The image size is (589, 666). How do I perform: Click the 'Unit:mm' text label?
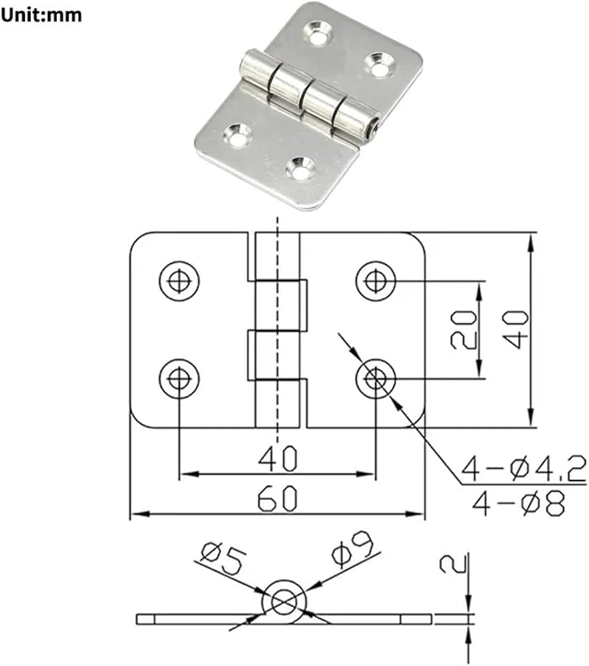[x=41, y=15]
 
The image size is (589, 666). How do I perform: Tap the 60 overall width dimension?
[x=278, y=499]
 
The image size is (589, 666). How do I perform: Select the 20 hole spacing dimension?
[x=463, y=330]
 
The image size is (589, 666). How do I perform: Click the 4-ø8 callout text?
[x=518, y=503]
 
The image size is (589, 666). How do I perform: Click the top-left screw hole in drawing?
[x=179, y=281]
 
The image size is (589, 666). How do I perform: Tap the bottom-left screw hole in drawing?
[x=179, y=378]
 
